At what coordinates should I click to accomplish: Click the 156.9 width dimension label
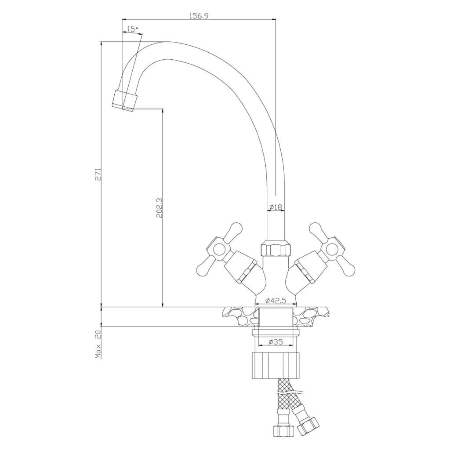pos(199,16)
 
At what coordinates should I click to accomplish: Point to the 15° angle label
pos(133,29)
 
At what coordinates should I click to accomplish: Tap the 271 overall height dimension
pos(98,174)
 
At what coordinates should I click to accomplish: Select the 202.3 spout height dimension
pos(159,208)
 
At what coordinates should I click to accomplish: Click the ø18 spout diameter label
pos(276,207)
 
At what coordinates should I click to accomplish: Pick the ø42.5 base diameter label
pos(276,301)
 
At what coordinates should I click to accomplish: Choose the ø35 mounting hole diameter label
pos(276,341)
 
